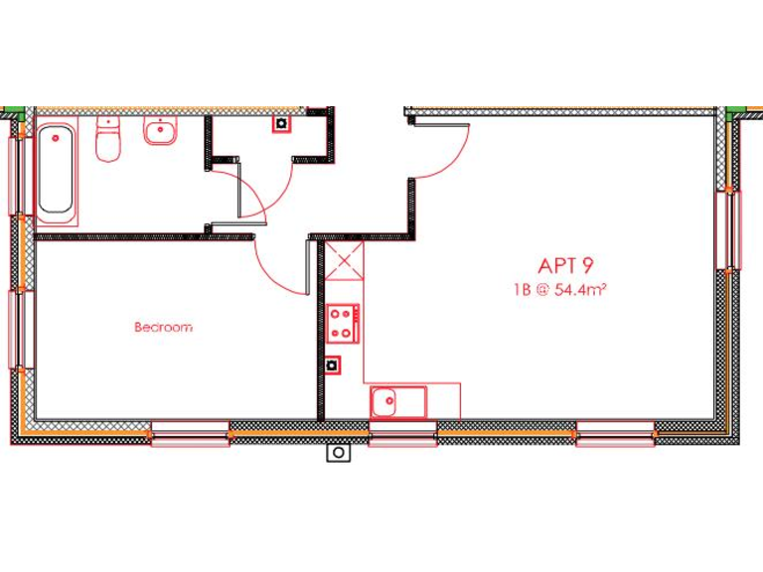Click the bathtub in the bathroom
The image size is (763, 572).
coord(57,170)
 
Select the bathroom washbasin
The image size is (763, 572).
coord(160,131)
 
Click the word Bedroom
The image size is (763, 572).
coord(163,327)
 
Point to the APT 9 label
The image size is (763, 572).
coord(565,266)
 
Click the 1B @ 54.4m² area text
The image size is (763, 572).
coord(560,291)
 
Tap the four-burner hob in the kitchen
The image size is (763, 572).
coord(343,321)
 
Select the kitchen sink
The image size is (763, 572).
coord(396,402)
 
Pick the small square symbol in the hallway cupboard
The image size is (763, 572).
coord(281,124)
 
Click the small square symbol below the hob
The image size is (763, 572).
coord(332,364)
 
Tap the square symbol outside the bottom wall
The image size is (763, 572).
coord(339,453)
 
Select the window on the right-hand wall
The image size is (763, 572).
coord(727,229)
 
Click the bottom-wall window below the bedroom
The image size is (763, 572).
coord(190,433)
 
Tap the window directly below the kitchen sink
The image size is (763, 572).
coord(402,433)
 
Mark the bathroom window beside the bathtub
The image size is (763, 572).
coord(17,175)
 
